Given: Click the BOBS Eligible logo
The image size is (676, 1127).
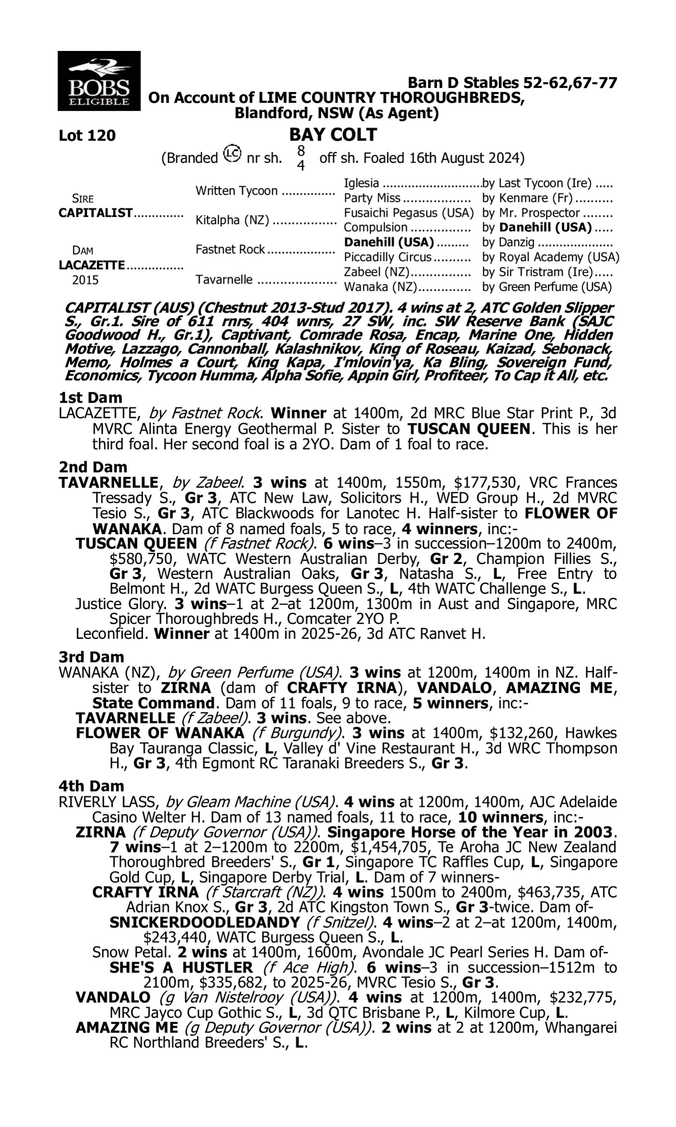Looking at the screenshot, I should (x=99, y=81).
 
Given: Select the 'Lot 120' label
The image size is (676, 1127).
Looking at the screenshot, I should (x=87, y=135).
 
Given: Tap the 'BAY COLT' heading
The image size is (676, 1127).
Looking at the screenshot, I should (x=333, y=134).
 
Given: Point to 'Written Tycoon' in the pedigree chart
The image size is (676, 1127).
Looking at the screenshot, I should (x=237, y=190).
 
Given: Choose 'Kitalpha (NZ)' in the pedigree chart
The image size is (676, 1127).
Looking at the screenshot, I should (x=232, y=220).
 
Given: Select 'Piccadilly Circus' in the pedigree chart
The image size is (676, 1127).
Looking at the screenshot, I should (x=387, y=257).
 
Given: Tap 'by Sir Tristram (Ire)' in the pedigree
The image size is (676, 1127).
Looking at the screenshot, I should (x=538, y=272).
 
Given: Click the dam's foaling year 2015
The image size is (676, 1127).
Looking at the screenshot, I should (x=85, y=279).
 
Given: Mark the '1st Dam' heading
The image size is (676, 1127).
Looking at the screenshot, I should (x=90, y=398).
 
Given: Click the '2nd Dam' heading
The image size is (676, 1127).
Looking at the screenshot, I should (x=93, y=467).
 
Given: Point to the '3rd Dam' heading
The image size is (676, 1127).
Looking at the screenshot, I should (x=91, y=657).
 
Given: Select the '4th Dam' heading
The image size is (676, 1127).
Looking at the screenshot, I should (x=91, y=786).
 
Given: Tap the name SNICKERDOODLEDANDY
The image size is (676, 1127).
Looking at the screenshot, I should (x=205, y=922).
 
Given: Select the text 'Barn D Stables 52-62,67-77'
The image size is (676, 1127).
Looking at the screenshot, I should (x=512, y=82).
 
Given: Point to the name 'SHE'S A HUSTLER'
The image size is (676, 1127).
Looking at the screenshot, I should (x=181, y=967).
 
